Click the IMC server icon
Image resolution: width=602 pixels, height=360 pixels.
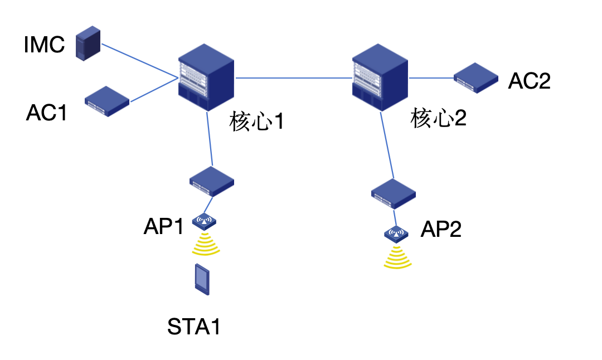(x=89, y=45)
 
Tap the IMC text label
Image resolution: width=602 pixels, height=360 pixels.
(x=45, y=45)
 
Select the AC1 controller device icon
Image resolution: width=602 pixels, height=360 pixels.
(x=107, y=101)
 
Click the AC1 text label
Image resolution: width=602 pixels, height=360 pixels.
(x=47, y=113)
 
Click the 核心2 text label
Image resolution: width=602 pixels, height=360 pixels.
(x=438, y=118)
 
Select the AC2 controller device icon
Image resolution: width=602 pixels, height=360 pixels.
(x=475, y=77)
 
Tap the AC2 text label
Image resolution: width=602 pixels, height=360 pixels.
(x=529, y=81)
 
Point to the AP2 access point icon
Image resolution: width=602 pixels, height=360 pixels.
(x=397, y=233)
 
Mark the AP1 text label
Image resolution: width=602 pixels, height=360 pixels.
(x=163, y=227)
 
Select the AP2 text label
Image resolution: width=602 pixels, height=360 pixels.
(x=441, y=229)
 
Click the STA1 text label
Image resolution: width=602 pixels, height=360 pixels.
(x=194, y=327)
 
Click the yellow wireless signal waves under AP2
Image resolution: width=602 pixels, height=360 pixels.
(x=397, y=257)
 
